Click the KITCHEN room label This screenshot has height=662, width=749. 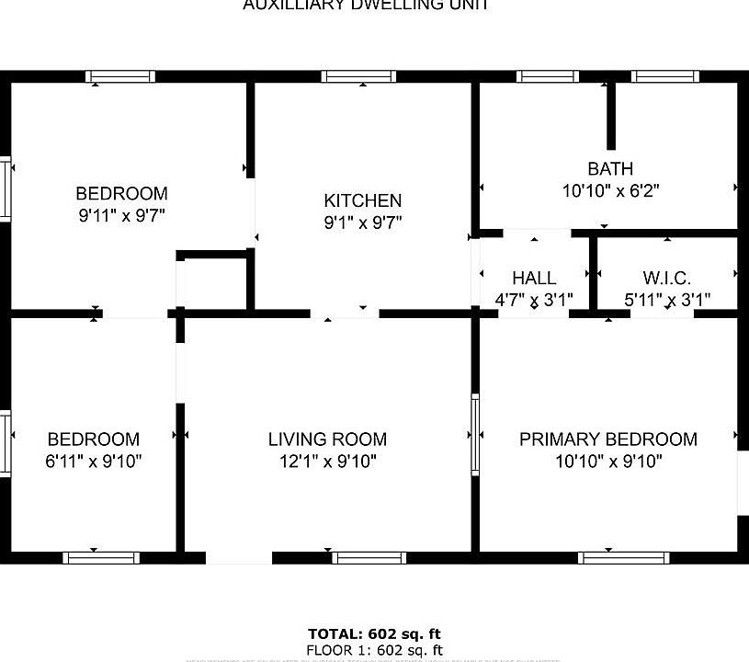point(362,200)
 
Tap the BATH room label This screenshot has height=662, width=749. point(610,168)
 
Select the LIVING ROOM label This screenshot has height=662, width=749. point(327,439)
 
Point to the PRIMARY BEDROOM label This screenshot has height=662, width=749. point(608,439)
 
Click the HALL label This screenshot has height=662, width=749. point(534,278)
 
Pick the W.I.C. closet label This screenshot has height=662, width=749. point(667,278)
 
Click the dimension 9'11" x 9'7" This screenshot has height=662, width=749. point(121,216)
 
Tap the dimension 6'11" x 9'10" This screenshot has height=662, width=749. point(94,462)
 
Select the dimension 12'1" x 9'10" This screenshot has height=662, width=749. point(327,462)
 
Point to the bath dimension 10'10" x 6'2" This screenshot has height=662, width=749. point(610,191)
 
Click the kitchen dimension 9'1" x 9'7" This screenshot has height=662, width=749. point(362,223)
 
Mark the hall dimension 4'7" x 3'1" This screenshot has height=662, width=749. point(534,300)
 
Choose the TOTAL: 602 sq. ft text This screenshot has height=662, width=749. point(374,633)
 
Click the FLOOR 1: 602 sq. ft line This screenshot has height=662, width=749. point(374,650)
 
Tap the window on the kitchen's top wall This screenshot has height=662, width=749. point(358,76)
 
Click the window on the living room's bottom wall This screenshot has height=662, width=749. point(368,557)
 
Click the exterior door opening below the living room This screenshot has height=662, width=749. point(239,558)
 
